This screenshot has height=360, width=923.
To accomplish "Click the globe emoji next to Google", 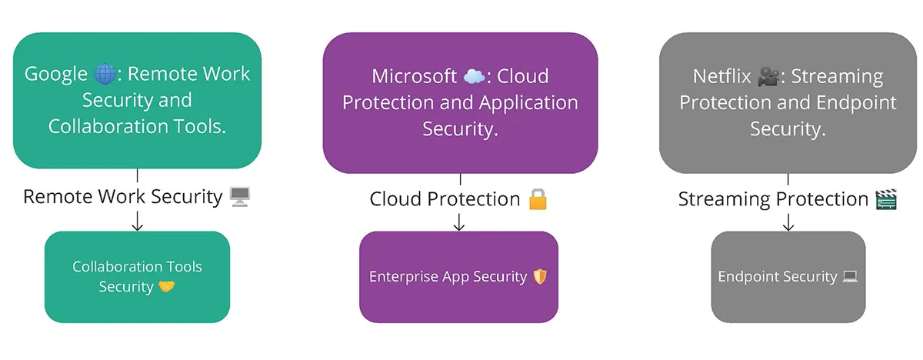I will [105, 74].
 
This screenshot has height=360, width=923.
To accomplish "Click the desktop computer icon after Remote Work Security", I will [240, 197].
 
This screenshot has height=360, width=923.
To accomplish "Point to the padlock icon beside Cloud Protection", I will [537, 199].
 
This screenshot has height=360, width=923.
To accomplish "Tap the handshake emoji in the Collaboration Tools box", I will [167, 287].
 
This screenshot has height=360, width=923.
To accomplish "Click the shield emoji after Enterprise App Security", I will [541, 276].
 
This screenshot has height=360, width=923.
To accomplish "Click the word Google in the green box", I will [56, 74].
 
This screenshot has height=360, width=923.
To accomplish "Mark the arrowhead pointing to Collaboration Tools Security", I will [138, 225].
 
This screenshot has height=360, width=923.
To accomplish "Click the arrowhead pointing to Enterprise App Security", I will [459, 225].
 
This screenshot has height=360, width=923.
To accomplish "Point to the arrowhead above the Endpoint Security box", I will [788, 225].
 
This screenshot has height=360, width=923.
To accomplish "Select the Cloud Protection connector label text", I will [445, 199].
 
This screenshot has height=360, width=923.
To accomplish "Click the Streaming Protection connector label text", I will [772, 199].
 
